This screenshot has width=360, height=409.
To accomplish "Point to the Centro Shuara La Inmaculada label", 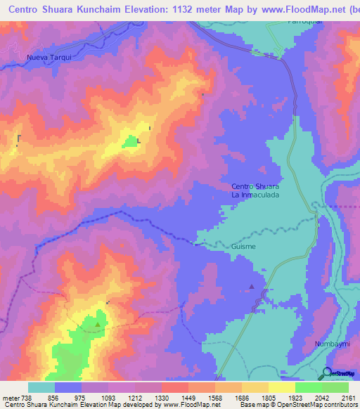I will (x=255, y=190).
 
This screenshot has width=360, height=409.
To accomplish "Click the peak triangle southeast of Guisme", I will (x=252, y=286).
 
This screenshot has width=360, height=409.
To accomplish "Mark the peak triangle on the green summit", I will (x=97, y=325).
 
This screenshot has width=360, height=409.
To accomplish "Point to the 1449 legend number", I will (x=188, y=397).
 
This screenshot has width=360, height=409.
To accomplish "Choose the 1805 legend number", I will (x=269, y=397).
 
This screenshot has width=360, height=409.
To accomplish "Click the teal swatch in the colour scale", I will (x=41, y=387).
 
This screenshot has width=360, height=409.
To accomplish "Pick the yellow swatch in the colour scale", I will (x=281, y=387).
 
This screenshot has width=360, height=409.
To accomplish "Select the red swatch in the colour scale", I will (x=174, y=387).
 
